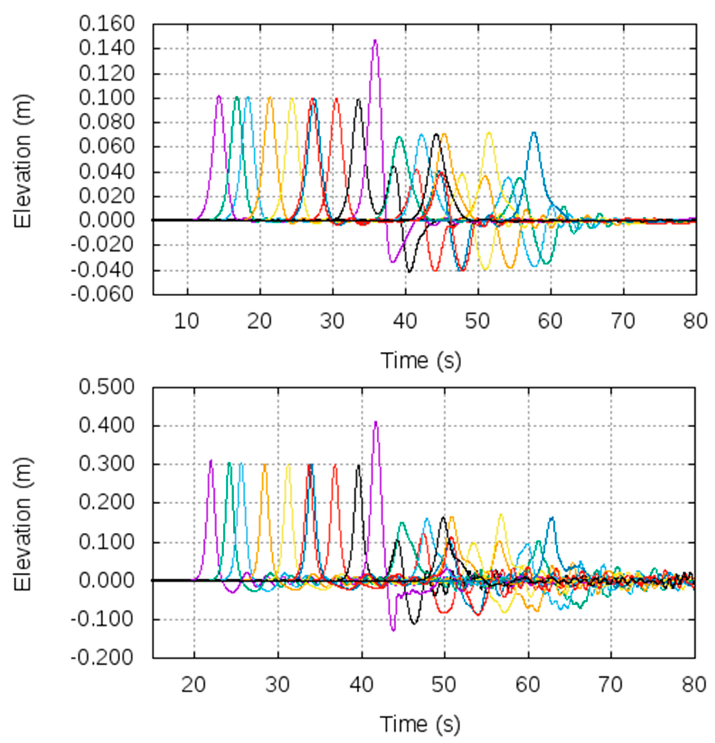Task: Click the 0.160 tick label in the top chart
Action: [107, 24]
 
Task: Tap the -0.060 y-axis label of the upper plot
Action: [102, 294]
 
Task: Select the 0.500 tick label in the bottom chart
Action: [107, 387]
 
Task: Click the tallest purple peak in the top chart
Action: [375, 40]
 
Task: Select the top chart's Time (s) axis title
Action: [421, 360]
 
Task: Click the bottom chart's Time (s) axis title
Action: [420, 724]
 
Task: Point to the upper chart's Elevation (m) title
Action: [23, 161]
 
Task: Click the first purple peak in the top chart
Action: [219, 96]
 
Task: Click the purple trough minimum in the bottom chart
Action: [393, 630]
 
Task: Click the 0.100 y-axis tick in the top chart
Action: [107, 98]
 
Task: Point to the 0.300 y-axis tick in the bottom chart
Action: [107, 464]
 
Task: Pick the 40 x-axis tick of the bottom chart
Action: [361, 685]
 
